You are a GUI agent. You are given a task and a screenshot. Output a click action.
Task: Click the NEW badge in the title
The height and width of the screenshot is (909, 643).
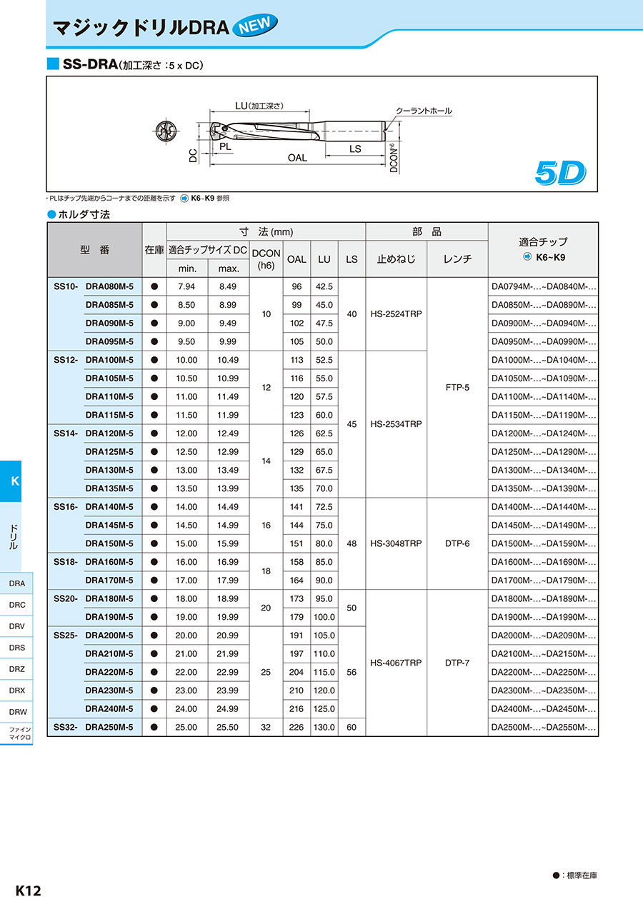click(254, 26)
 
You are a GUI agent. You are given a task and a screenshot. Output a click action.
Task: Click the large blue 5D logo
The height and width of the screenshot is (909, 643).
click(560, 172)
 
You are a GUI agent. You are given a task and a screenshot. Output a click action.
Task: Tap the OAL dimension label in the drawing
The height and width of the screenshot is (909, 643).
click(297, 158)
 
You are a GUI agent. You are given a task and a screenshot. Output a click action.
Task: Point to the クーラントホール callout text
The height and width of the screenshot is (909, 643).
click(424, 111)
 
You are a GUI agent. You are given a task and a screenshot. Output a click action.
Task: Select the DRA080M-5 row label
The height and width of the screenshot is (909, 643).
click(109, 286)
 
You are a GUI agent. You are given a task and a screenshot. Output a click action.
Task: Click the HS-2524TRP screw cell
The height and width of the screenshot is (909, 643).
click(396, 313)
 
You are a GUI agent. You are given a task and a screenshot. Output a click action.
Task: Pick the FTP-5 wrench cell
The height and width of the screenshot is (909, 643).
click(457, 387)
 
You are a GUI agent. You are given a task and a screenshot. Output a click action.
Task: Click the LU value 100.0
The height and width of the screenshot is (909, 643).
click(324, 617)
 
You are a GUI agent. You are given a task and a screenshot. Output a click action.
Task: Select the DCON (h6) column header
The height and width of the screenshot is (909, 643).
click(266, 259)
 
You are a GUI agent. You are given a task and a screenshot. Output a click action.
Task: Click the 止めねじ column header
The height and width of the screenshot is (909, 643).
click(396, 259)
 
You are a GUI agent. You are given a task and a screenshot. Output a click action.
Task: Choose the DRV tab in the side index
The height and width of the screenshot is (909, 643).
click(17, 626)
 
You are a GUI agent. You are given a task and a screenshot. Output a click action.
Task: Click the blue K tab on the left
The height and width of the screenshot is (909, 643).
click(15, 481)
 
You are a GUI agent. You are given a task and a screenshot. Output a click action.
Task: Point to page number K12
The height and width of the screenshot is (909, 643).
click(29, 890)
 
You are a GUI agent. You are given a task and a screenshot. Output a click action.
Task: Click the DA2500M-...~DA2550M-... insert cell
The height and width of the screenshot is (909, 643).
click(544, 728)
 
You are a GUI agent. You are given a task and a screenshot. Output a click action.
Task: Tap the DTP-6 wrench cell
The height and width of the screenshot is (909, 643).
click(457, 543)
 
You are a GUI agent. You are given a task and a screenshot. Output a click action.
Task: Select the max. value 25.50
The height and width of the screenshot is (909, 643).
click(229, 728)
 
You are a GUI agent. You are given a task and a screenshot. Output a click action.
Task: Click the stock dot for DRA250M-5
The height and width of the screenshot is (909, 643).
click(154, 728)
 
